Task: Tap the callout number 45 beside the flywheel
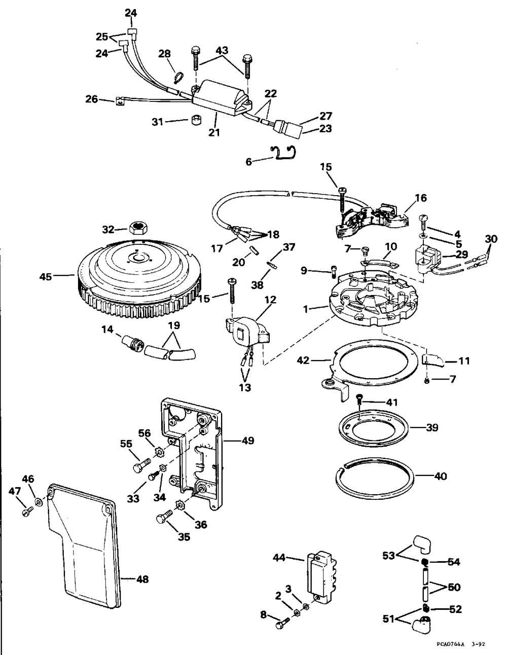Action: (x=46, y=276)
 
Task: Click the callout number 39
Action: (x=432, y=427)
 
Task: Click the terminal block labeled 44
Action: (x=321, y=578)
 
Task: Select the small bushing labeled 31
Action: (x=197, y=120)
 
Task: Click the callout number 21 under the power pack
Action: (x=214, y=132)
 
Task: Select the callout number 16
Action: (x=421, y=198)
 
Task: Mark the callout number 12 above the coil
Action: (x=270, y=300)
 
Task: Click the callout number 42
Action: (x=303, y=360)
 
